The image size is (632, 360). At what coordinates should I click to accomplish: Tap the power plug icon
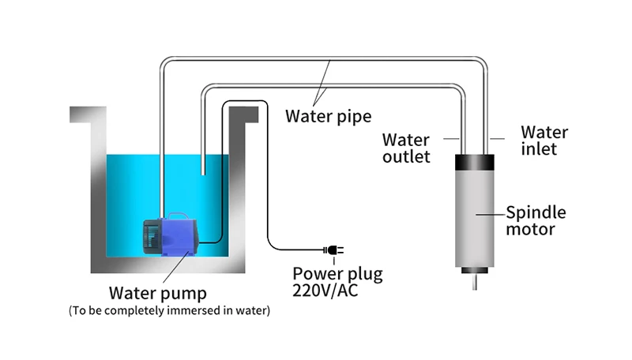(333, 250)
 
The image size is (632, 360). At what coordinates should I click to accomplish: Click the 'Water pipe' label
(328, 116)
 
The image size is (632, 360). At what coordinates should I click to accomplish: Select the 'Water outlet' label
(406, 148)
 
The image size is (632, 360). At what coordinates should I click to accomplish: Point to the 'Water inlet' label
(544, 141)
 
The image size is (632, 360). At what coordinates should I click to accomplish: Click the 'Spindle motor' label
(536, 220)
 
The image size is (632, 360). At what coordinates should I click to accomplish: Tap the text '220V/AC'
(325, 291)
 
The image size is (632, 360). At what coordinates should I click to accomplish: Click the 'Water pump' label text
(157, 293)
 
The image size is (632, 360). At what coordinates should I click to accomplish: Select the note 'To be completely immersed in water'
(169, 310)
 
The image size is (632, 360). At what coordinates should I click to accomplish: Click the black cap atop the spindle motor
(475, 163)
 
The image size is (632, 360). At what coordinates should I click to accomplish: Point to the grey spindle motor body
(475, 219)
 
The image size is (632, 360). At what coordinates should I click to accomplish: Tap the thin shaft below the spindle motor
(475, 282)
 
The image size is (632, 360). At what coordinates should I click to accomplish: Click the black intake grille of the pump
(152, 236)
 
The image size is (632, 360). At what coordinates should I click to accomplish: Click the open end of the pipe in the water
(203, 174)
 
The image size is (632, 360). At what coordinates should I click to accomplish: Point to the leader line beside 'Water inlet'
(497, 138)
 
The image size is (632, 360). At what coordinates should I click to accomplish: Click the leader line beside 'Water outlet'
(451, 138)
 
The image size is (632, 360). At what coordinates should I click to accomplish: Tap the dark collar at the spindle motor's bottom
(475, 270)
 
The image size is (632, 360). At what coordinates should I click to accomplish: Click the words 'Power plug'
(337, 274)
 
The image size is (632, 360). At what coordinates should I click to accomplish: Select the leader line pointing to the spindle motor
(491, 214)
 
